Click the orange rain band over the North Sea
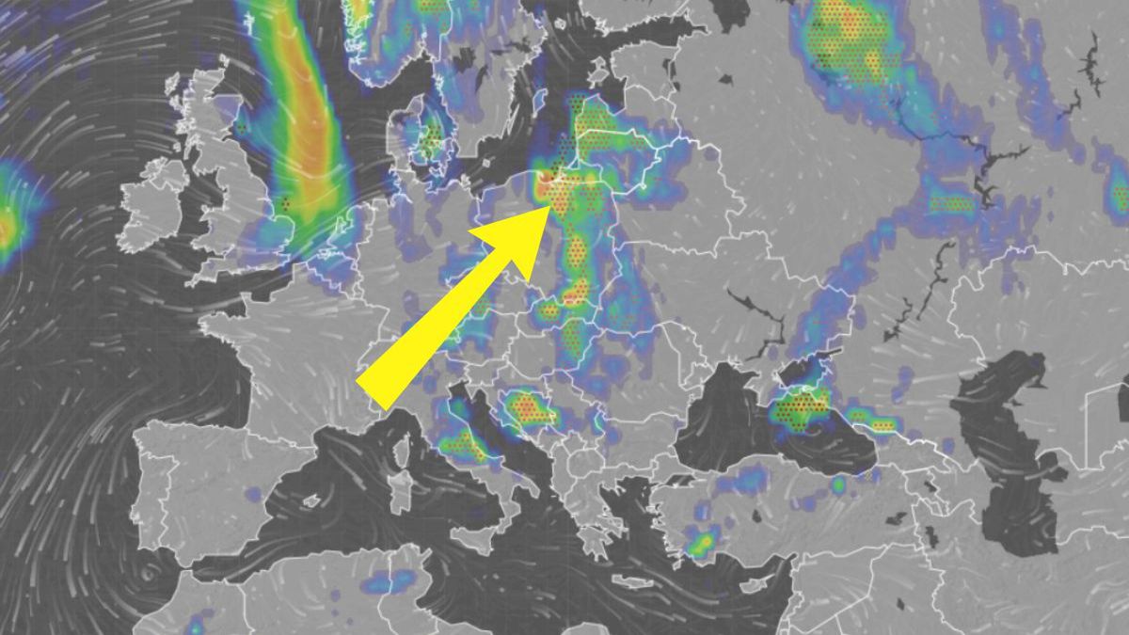pos(310,141)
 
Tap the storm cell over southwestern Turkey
pos(701,543)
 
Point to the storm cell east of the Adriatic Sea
pos(526,408)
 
